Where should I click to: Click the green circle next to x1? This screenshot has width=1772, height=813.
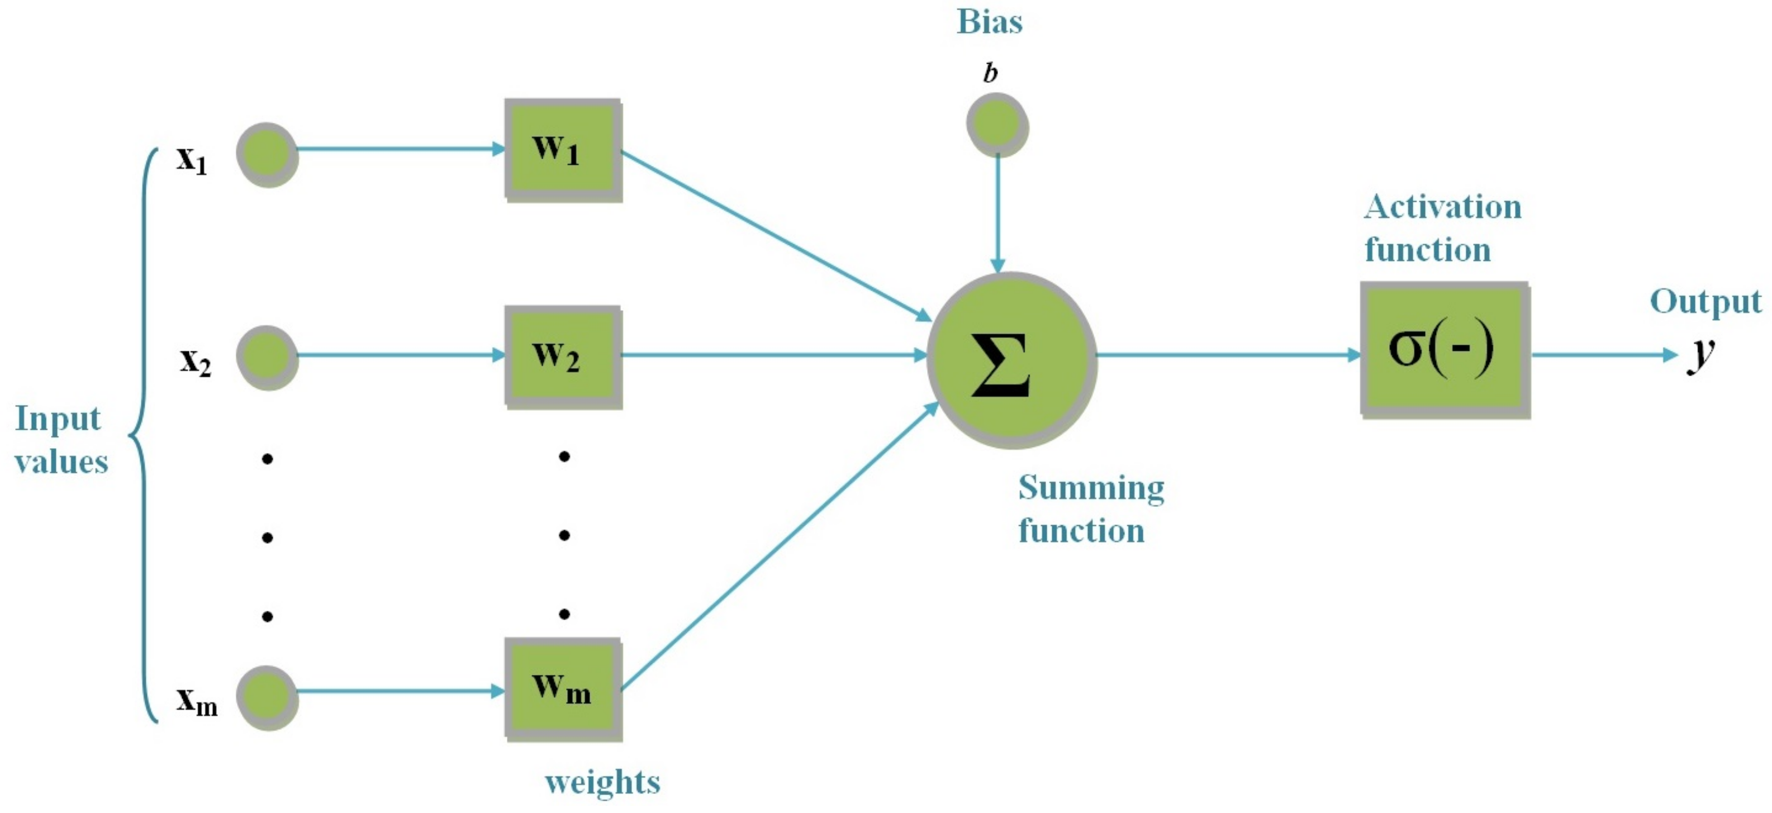pos(267,154)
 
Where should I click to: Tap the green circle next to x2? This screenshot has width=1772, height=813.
pos(267,357)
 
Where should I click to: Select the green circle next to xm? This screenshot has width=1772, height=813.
pos(267,697)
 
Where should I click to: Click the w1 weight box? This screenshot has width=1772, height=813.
pos(563,150)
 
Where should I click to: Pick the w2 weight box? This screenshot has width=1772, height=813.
pos(563,357)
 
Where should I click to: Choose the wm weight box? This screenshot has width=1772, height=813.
pos(563,689)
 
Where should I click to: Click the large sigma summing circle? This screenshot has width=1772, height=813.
pos(1011,360)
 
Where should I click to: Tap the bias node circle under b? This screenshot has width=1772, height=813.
pos(997,125)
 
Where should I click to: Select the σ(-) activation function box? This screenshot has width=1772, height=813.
pos(1445,349)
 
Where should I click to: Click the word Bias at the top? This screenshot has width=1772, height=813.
pos(989,22)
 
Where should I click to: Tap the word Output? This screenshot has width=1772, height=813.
pos(1706,302)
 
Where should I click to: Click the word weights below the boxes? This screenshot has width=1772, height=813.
pos(602,783)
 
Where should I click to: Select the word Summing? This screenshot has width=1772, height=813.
pos(1091,488)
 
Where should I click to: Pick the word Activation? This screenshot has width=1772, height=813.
pos(1442,207)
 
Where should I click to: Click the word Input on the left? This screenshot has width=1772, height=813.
pos(58,419)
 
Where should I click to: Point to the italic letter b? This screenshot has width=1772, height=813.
pos(990,72)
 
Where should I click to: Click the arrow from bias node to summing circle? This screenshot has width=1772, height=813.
pos(997,213)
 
